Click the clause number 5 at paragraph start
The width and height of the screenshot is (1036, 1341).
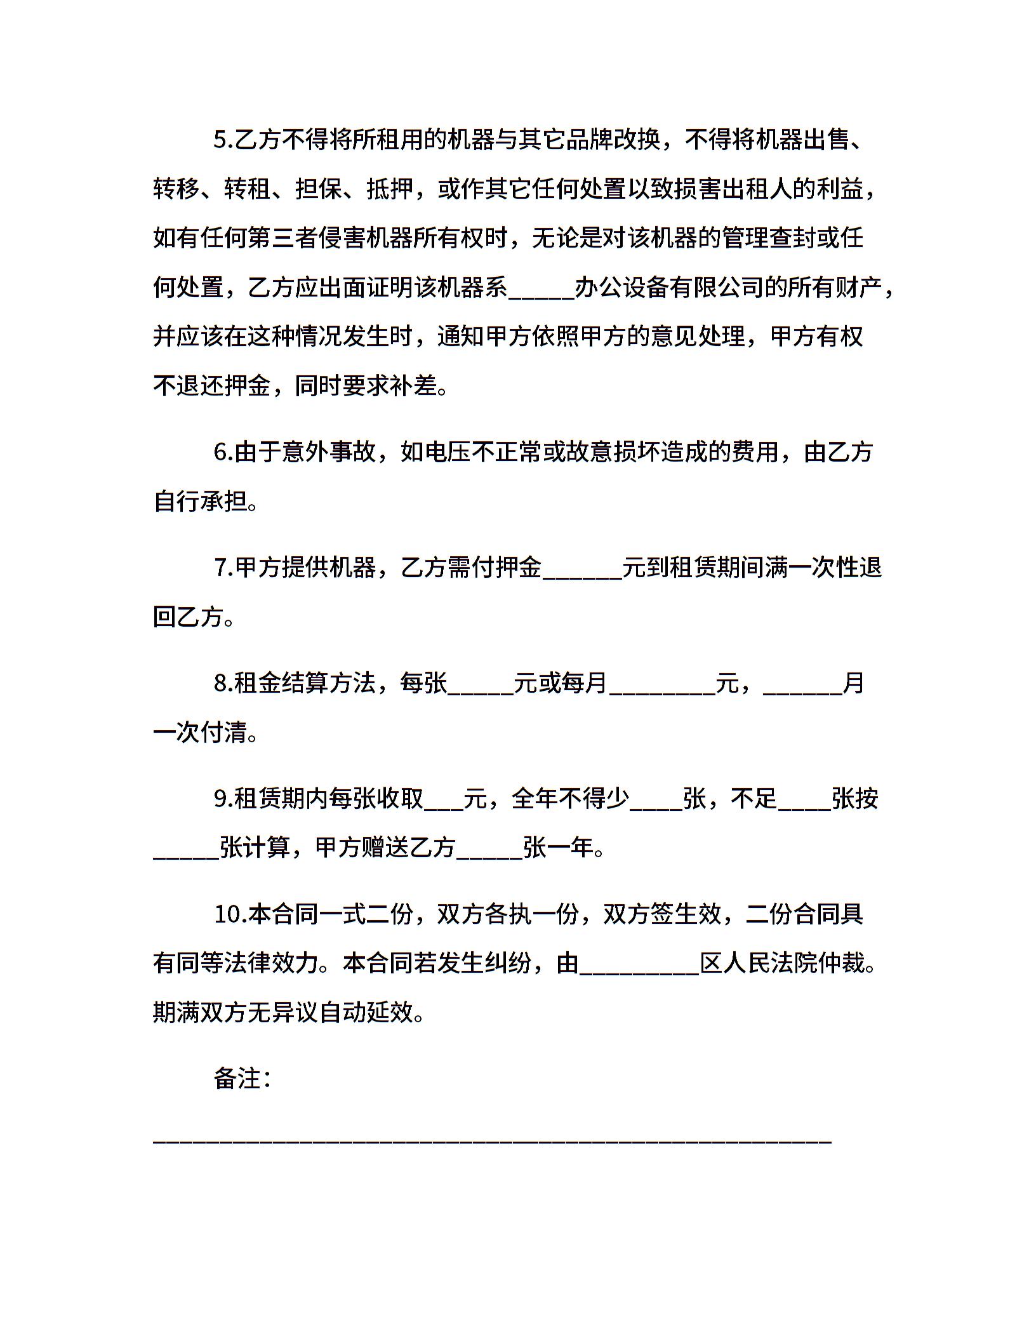223,140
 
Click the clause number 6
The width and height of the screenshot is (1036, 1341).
223,452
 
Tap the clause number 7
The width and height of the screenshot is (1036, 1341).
223,568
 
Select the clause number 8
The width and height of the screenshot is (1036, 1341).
223,683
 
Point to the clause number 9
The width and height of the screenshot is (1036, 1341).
223,799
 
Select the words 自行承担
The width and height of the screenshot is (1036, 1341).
200,502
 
